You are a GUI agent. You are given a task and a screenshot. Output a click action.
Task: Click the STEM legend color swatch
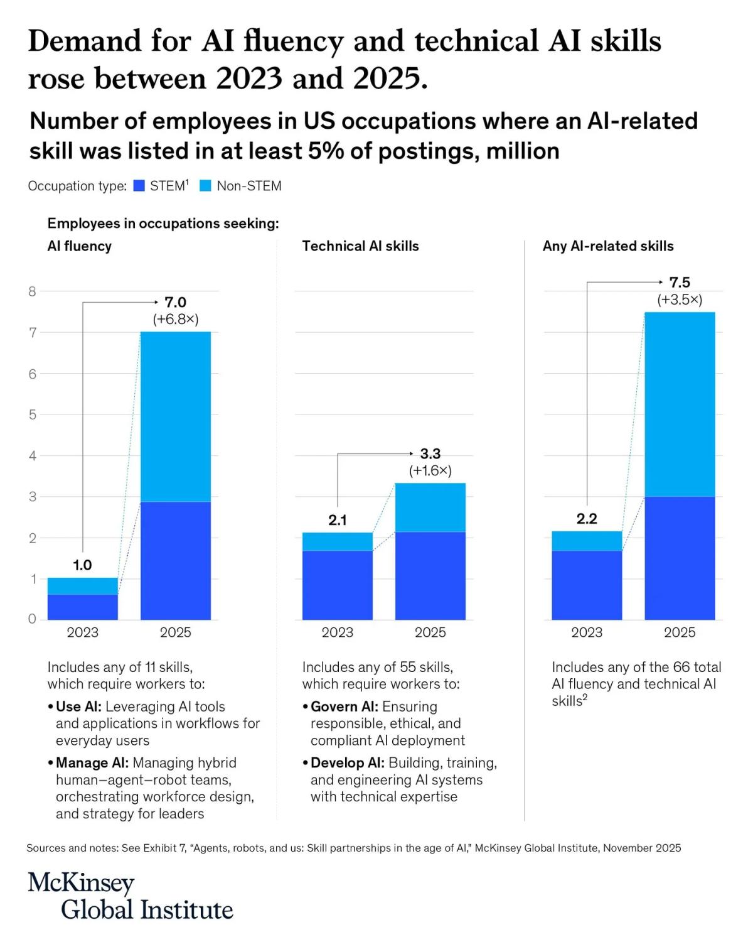click(x=139, y=186)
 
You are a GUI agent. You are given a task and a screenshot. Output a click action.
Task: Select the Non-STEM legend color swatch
click(x=205, y=186)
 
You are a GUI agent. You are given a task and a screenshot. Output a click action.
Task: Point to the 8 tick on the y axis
click(x=33, y=291)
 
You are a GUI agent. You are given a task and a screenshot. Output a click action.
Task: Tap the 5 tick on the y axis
click(x=33, y=414)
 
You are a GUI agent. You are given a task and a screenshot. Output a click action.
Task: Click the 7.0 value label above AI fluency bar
click(x=176, y=302)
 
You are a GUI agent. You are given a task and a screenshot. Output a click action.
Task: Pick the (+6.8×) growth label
click(x=176, y=319)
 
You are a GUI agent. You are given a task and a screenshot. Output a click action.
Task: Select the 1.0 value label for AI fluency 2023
click(x=82, y=565)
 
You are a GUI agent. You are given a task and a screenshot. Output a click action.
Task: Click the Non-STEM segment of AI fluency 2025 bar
click(x=176, y=416)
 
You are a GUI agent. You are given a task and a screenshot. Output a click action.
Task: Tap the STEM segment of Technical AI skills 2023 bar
click(x=338, y=585)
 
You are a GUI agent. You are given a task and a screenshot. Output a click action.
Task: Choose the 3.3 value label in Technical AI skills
click(x=430, y=453)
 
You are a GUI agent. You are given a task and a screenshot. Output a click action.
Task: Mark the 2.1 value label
click(x=338, y=520)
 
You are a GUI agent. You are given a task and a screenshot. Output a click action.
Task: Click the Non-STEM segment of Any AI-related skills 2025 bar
click(x=680, y=404)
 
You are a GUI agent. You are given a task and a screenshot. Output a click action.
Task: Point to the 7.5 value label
click(x=680, y=283)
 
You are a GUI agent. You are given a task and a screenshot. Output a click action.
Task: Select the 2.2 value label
click(x=587, y=519)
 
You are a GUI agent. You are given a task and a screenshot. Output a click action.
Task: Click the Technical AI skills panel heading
click(x=360, y=246)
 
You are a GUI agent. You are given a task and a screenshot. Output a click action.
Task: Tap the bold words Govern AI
click(x=344, y=706)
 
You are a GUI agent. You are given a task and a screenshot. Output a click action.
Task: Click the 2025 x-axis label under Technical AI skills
click(x=430, y=632)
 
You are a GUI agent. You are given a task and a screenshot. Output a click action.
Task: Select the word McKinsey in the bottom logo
click(x=81, y=883)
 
